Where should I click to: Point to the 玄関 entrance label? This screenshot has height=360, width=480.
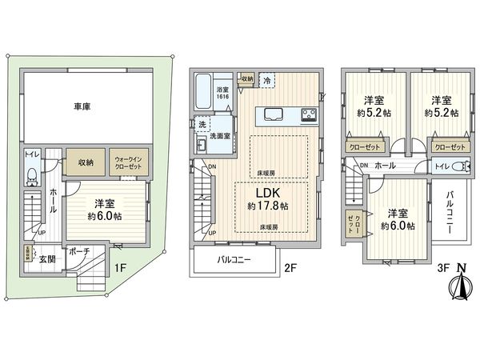click(46, 258)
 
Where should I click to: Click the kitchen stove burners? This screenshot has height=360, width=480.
click(308, 115)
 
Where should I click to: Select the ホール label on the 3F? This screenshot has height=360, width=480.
click(384, 165)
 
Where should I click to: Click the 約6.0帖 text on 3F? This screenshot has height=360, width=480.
click(398, 226)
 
